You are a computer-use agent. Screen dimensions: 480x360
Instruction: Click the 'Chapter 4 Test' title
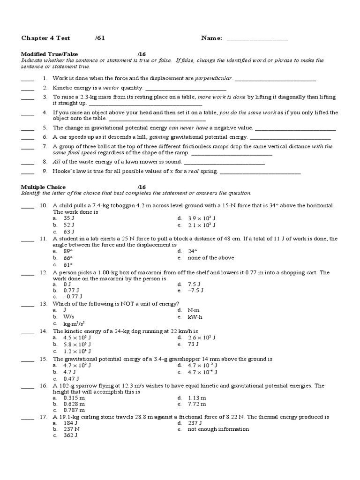[x=43, y=38]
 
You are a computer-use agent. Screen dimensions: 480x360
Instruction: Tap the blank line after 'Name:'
[x=257, y=39]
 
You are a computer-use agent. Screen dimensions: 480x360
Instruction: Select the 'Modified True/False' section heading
[x=47, y=54]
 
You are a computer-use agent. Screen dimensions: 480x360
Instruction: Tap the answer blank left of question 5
[x=28, y=128]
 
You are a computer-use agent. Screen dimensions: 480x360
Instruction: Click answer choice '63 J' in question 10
[x=69, y=232]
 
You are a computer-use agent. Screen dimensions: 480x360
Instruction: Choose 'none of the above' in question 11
[x=210, y=258]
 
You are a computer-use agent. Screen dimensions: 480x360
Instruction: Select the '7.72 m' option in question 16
[x=196, y=404]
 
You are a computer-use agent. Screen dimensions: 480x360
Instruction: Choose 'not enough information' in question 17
[x=218, y=429]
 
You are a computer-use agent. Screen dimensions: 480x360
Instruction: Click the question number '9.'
[x=45, y=172]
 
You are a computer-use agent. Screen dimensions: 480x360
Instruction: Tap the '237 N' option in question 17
[x=71, y=429]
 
